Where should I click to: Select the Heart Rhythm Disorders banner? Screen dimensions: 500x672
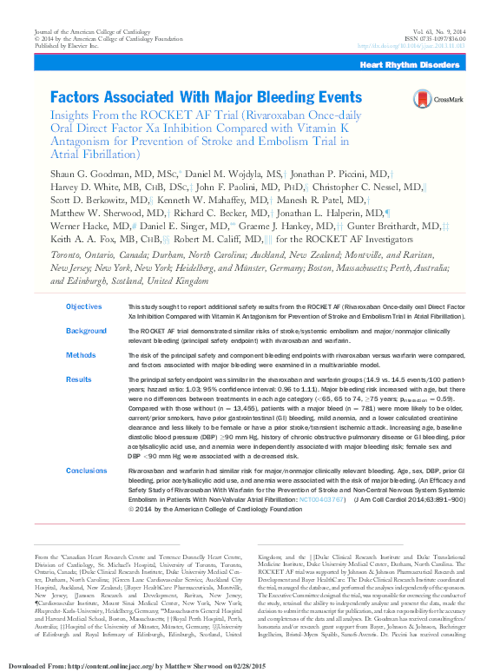(409, 65)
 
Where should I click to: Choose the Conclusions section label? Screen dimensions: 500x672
(89, 470)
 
